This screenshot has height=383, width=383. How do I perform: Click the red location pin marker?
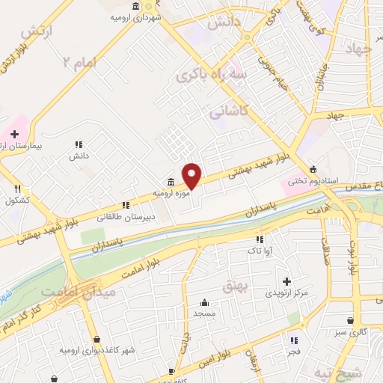point(192,177)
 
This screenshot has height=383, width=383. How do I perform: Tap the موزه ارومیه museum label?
point(168,193)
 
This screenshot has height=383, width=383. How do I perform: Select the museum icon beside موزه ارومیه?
point(171,183)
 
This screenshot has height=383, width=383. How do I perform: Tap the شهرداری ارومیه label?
point(132,18)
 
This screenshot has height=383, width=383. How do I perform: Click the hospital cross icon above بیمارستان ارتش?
point(14,133)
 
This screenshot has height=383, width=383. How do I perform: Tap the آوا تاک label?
point(257,252)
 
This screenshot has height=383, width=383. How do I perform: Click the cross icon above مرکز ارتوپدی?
point(287,281)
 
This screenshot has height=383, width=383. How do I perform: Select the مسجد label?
point(205,314)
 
